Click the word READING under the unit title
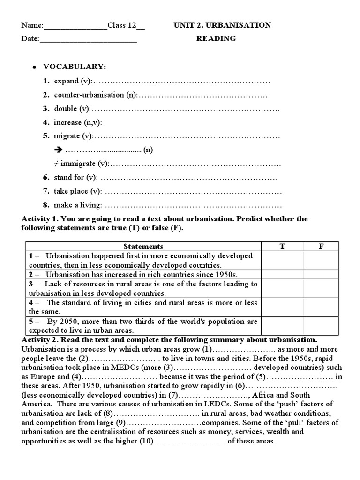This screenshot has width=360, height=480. (216, 39)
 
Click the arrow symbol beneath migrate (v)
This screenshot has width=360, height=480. (58, 150)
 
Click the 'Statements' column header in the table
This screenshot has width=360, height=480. (143, 246)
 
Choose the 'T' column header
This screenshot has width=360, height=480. (282, 246)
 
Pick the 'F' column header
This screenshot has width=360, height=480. (321, 246)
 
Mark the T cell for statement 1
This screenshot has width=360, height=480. (282, 260)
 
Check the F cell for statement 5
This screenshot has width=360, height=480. (321, 326)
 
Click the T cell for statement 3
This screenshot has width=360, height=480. (282, 288)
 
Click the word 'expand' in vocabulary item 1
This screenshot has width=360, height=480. (66, 81)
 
